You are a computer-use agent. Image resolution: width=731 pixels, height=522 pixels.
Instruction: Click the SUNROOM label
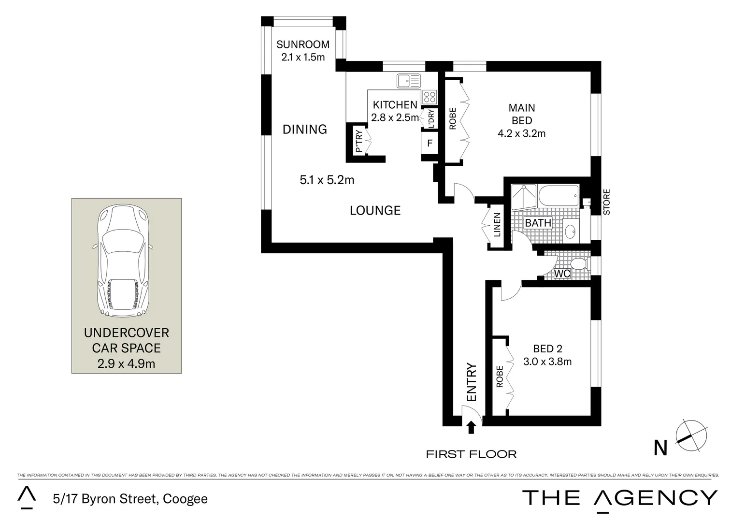pos(302,44)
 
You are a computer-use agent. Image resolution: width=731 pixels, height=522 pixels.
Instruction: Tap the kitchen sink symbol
pos(408,81)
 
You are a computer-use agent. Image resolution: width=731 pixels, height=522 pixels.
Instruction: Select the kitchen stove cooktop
pos(429,97)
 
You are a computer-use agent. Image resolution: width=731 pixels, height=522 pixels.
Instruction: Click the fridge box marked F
pos(429,144)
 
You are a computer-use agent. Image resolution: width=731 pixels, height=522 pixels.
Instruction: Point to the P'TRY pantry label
pos(359,141)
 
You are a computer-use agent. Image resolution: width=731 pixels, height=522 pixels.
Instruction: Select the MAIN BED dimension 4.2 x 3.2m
pos(521,133)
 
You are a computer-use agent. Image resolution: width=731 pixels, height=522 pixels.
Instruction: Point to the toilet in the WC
pos(577,264)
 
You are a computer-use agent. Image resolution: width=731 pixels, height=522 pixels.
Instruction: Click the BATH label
pos(538,223)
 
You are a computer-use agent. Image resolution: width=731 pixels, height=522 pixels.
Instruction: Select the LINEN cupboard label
pos(497,225)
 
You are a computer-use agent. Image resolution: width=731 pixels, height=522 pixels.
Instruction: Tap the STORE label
pos(607,202)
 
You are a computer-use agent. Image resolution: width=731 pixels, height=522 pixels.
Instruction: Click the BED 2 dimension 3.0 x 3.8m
pos(547,362)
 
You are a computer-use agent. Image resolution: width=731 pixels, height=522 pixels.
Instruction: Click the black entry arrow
pos(472,427)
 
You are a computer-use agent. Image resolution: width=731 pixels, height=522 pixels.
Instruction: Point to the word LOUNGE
pos(375,210)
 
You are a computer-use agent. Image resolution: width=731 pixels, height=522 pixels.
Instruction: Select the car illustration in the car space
pos(123,261)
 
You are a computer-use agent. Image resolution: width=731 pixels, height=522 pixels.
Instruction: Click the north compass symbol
pos(691,435)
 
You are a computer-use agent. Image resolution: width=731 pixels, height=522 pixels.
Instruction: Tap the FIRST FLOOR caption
pos(471,454)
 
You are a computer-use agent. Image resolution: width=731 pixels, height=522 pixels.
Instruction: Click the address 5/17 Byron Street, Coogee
pos(130,499)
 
